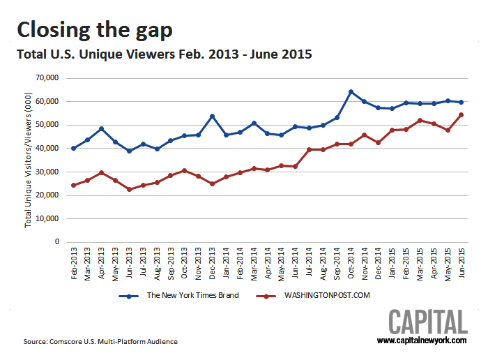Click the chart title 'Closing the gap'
pos(94,29)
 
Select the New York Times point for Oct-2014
pos(351,91)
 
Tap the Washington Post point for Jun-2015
pos(461,114)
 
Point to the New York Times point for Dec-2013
pos(212,116)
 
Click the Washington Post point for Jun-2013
pos(129,189)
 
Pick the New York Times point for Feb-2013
pos(74,148)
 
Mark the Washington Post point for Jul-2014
pos(309,149)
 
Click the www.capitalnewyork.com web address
pos(422,340)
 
